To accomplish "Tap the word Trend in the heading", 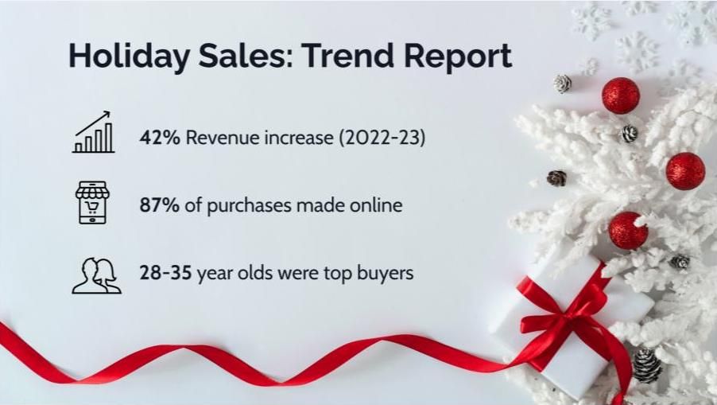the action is (347, 55).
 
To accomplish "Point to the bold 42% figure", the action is (160, 138).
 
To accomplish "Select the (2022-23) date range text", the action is (382, 138).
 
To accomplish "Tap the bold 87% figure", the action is (160, 205).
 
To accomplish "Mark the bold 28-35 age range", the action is (165, 273).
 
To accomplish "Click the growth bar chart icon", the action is (93, 132).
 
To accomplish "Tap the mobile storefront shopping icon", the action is (92, 202).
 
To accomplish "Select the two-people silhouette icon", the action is (96, 275).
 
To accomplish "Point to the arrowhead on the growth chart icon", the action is (107, 114).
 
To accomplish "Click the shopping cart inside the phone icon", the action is (92, 208).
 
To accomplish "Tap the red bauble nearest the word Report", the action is (621, 95).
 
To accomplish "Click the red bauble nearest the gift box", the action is (628, 231).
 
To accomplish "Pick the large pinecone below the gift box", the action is (647, 365).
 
